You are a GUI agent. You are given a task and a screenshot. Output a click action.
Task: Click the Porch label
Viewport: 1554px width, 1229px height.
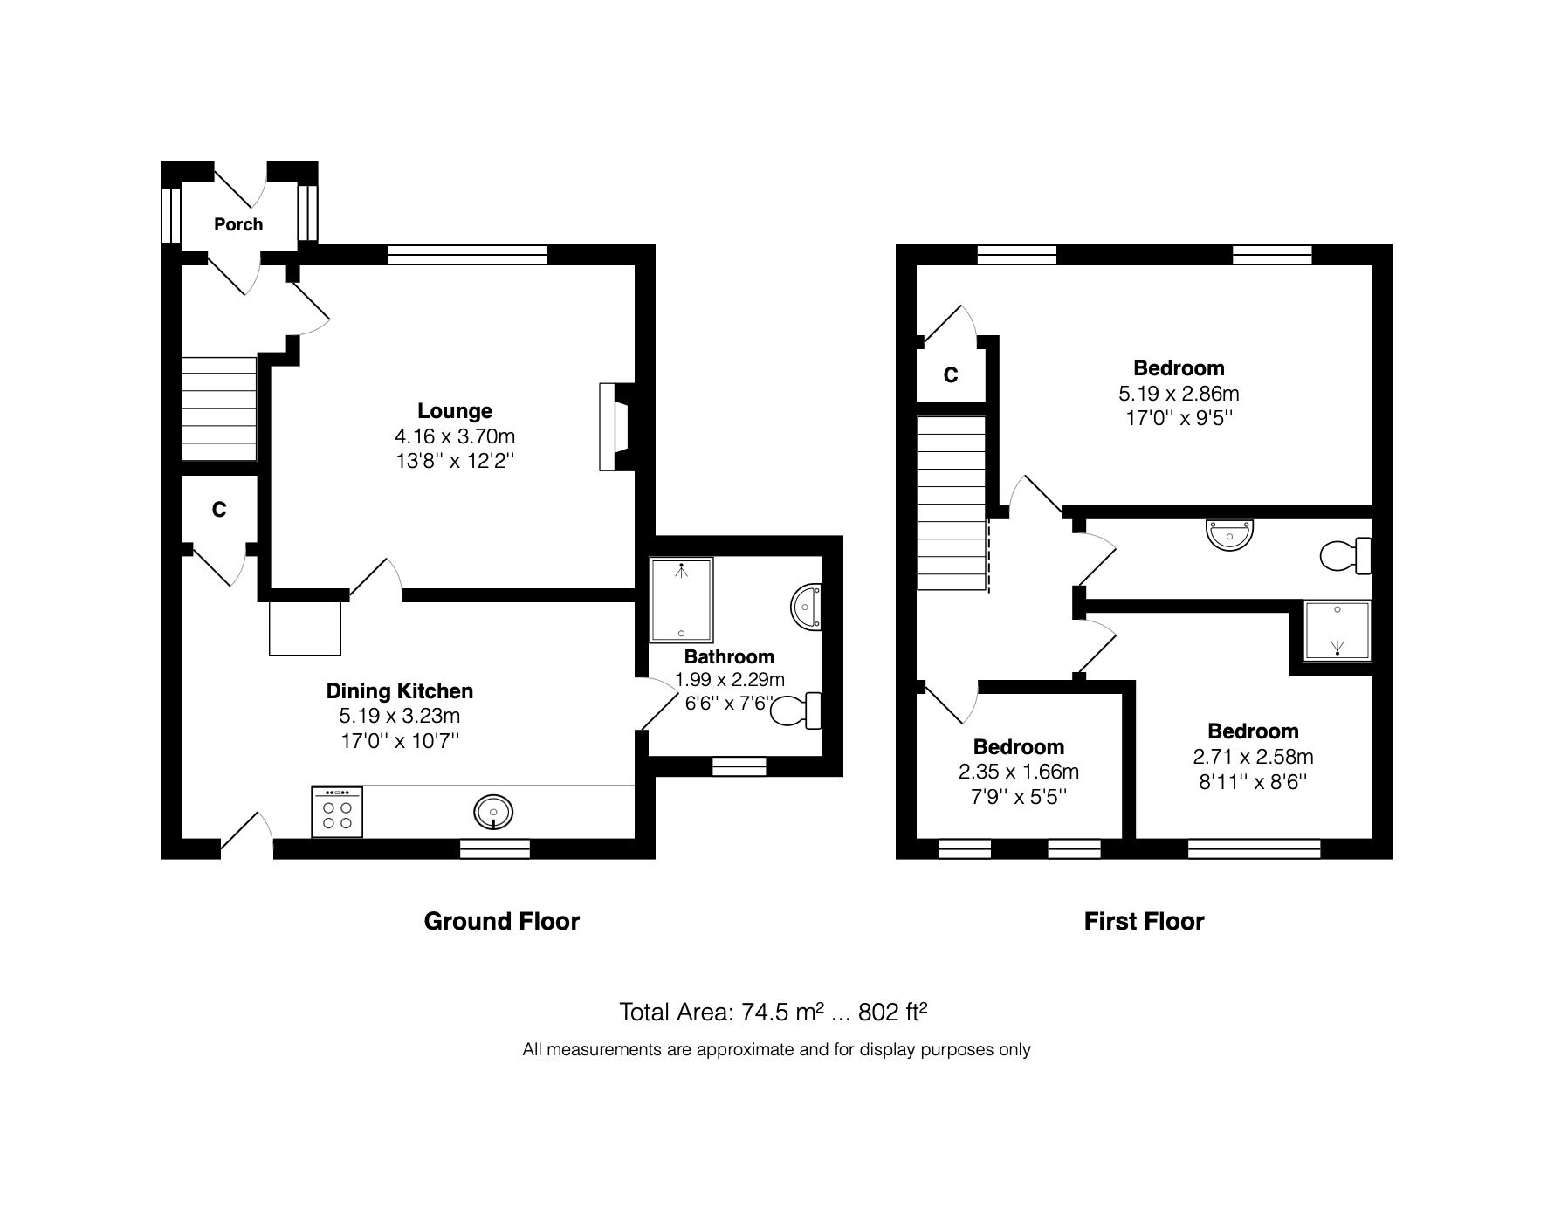(x=238, y=224)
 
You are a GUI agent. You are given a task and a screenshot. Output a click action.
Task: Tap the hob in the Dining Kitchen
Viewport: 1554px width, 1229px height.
(x=337, y=814)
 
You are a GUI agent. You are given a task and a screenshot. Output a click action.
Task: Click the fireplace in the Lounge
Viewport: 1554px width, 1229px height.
(x=614, y=428)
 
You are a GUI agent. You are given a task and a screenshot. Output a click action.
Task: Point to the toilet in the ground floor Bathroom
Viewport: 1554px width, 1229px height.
(x=797, y=711)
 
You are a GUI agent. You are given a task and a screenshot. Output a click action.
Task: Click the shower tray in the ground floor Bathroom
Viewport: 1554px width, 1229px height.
(x=682, y=600)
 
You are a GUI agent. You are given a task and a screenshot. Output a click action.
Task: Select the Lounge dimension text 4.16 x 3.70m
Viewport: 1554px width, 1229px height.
(x=455, y=436)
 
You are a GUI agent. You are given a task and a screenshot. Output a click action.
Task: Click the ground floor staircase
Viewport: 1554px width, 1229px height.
(x=219, y=409)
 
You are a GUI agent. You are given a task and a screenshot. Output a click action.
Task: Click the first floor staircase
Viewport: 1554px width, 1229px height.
(x=952, y=505)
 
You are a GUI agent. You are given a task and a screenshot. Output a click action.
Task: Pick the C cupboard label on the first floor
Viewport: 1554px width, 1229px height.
(x=951, y=375)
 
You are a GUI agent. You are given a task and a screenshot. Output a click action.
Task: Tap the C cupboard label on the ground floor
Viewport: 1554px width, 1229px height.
(x=219, y=510)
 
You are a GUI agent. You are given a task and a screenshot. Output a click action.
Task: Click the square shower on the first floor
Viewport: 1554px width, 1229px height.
(x=1337, y=629)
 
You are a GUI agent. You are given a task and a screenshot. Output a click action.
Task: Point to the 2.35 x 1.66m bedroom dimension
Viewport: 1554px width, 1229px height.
(x=1019, y=772)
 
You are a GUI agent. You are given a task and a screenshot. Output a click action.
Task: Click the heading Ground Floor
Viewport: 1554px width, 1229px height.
(x=501, y=921)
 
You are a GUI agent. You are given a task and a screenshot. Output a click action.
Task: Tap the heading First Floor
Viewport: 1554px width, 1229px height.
(x=1144, y=921)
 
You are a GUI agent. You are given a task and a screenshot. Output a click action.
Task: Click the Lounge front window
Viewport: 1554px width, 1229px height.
(x=467, y=255)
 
